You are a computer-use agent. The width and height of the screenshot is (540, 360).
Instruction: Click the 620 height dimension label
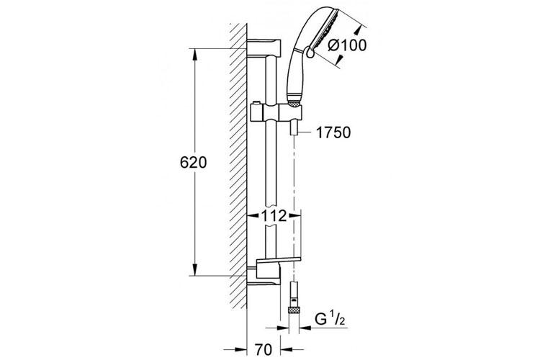click(193, 162)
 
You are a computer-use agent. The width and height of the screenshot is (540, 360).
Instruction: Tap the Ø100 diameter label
click(347, 45)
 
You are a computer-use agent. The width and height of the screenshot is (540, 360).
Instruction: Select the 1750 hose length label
click(333, 132)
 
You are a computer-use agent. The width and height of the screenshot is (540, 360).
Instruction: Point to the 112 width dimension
click(274, 216)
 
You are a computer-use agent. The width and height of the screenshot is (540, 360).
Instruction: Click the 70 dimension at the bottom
click(264, 350)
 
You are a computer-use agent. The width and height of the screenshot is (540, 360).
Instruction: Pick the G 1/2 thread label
click(329, 320)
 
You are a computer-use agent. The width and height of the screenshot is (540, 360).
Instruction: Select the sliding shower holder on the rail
click(276, 113)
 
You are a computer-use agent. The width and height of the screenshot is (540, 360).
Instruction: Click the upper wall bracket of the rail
click(264, 48)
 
